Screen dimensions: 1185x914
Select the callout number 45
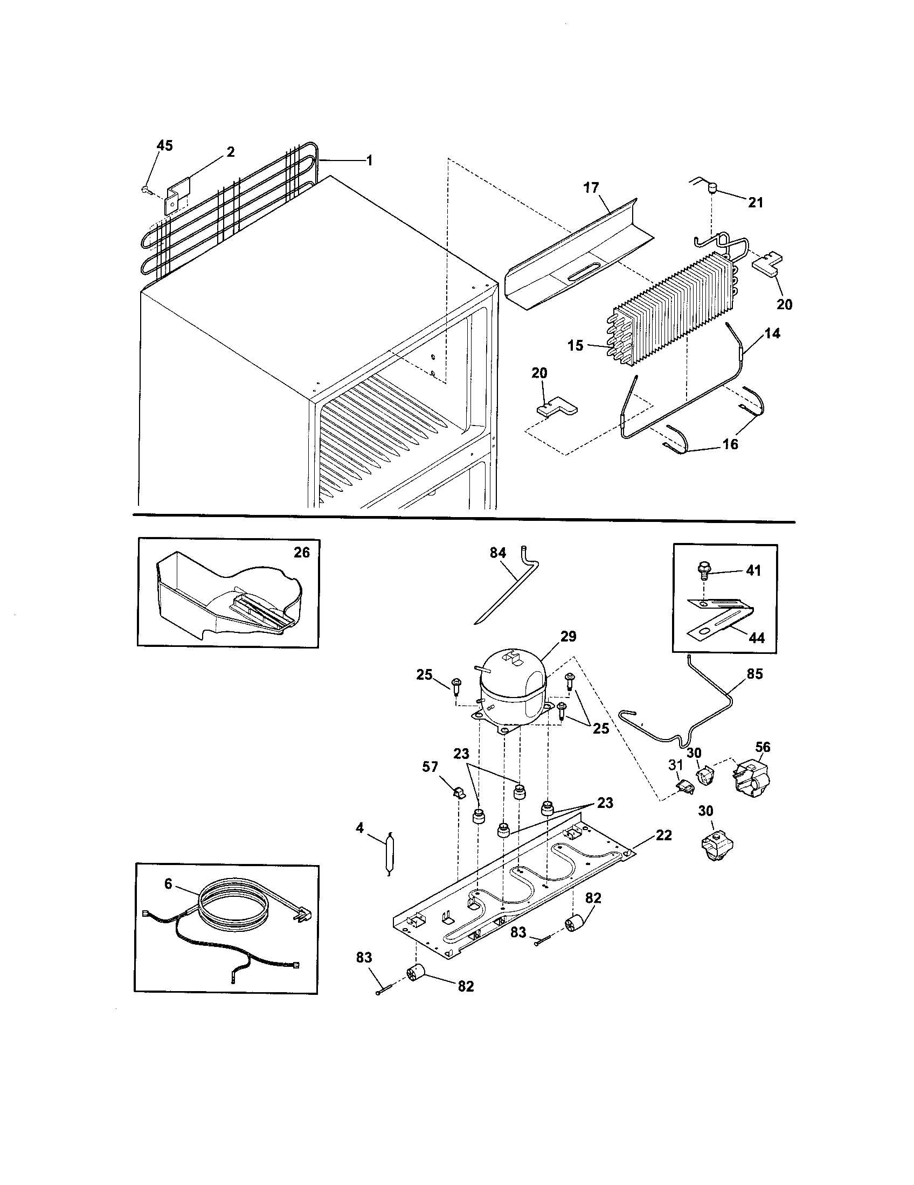coord(164,145)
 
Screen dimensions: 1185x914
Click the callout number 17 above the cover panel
coord(591,188)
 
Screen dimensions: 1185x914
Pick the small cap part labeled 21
coord(711,189)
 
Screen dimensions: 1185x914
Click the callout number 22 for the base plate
coord(663,835)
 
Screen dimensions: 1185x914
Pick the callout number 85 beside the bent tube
coord(754,674)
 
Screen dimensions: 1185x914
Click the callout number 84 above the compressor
coord(497,553)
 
